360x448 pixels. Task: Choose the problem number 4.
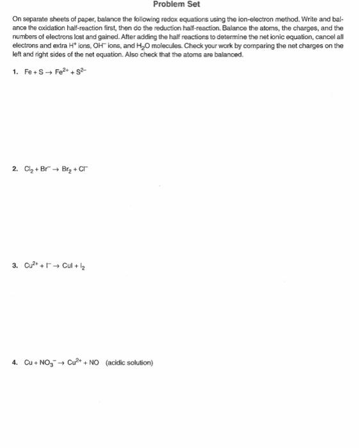pos(14,362)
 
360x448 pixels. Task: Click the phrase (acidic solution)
pos(133,362)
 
